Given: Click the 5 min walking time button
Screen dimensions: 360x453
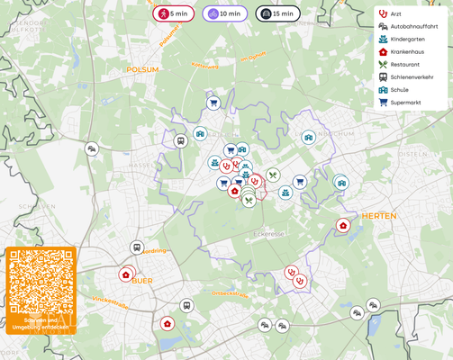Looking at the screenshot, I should (x=173, y=13).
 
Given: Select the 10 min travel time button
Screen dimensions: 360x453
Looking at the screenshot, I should (x=224, y=13).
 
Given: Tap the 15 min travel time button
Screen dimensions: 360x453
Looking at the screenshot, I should (x=277, y=13).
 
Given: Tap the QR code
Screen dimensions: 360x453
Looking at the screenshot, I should (x=41, y=282).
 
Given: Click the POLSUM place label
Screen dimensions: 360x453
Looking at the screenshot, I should (x=142, y=69).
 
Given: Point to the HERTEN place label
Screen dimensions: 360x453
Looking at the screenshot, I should (x=378, y=216).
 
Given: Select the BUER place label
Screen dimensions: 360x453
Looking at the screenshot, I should (x=142, y=281).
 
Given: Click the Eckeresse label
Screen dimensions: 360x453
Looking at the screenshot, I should (x=267, y=234).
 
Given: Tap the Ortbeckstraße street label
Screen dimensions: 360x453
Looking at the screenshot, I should (x=230, y=293).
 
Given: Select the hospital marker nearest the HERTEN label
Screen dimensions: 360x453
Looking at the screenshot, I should (x=343, y=225).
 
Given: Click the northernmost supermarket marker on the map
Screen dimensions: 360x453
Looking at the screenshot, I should (x=213, y=103).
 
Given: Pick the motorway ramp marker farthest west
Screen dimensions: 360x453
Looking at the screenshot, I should (x=92, y=149).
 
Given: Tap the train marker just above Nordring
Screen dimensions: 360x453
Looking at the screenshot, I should (x=137, y=247).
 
